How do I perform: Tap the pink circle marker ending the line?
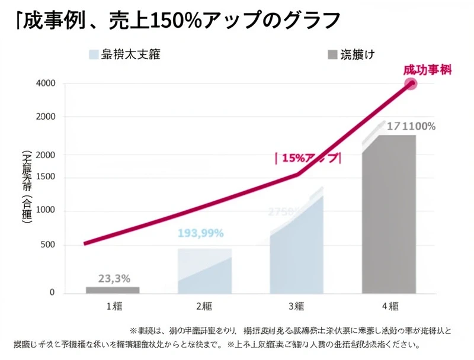410,83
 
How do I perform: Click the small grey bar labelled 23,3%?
113,290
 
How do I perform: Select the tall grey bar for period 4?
389,214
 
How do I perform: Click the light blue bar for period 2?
204,272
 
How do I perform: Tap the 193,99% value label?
201,233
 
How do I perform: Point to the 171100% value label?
411,126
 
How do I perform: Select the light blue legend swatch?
92,55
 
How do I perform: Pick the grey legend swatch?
332,55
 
